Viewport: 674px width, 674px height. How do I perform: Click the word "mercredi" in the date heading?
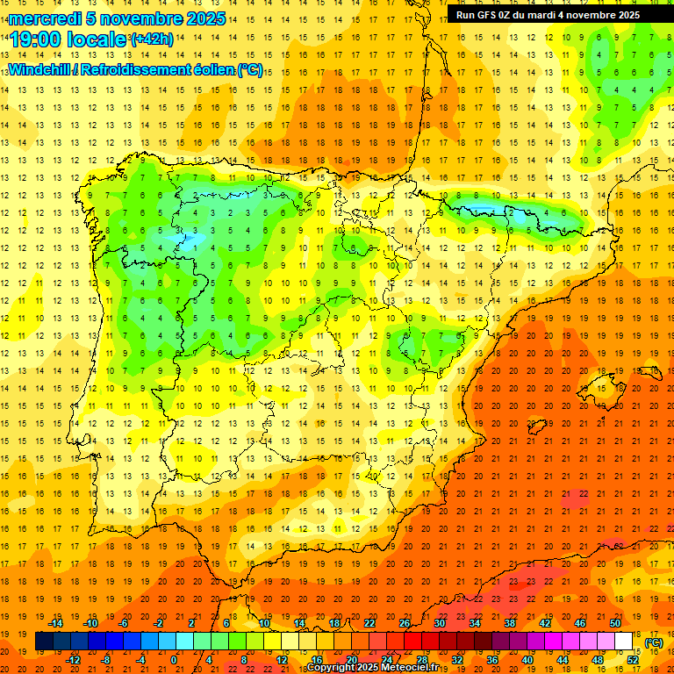pyautogui.click(x=44, y=18)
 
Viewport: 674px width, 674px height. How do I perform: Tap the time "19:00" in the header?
pyautogui.click(x=35, y=39)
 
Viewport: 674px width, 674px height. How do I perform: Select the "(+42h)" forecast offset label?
pyautogui.click(x=151, y=39)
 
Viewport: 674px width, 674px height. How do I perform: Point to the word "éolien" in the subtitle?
pyautogui.click(x=209, y=70)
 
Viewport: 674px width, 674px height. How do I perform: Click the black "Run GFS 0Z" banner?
pyautogui.click(x=549, y=15)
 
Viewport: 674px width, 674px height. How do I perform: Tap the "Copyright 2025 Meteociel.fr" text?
pyautogui.click(x=372, y=668)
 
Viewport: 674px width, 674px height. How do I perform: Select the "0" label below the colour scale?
pyautogui.click(x=175, y=659)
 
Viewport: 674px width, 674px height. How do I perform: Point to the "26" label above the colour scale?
pyautogui.click(x=405, y=623)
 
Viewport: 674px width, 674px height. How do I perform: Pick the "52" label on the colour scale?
pyautogui.click(x=633, y=659)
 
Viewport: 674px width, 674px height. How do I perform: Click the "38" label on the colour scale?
pyautogui.click(x=510, y=623)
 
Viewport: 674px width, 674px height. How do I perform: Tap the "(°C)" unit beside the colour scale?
pyautogui.click(x=655, y=642)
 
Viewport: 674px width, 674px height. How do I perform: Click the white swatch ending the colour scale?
pyautogui.click(x=624, y=642)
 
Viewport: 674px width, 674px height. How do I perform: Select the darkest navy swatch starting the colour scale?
pyautogui.click(x=44, y=642)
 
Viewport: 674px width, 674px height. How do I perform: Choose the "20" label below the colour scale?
pyautogui.click(x=351, y=659)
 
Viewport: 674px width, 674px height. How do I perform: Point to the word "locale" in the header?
pyautogui.click(x=98, y=39)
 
